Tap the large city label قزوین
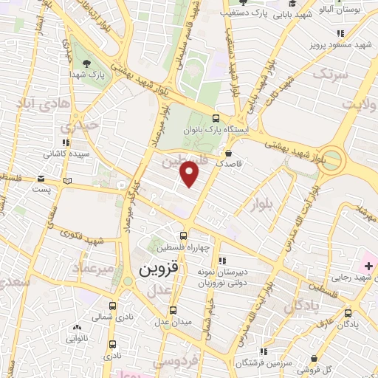click(156, 269)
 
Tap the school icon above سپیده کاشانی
click(66, 142)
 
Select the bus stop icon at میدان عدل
click(173, 310)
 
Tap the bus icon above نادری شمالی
click(112, 306)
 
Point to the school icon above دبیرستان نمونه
click(222, 261)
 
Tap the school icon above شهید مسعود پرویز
click(340, 33)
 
